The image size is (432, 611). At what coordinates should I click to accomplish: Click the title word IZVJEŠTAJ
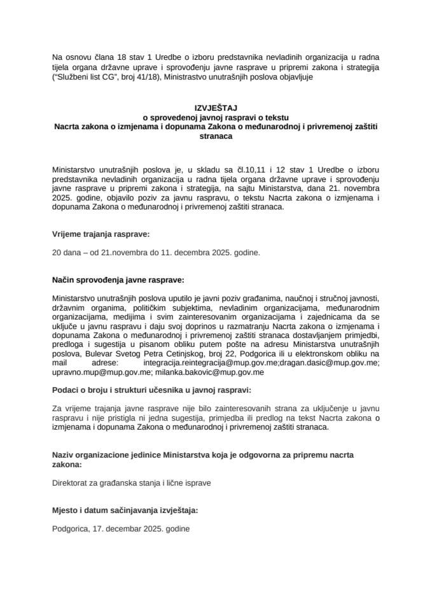click(x=216, y=109)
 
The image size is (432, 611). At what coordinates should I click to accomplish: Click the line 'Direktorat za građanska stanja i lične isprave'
click(x=132, y=483)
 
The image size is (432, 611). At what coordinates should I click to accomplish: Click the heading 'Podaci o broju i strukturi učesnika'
click(x=152, y=390)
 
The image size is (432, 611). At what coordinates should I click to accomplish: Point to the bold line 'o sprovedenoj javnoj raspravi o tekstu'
click(x=216, y=118)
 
